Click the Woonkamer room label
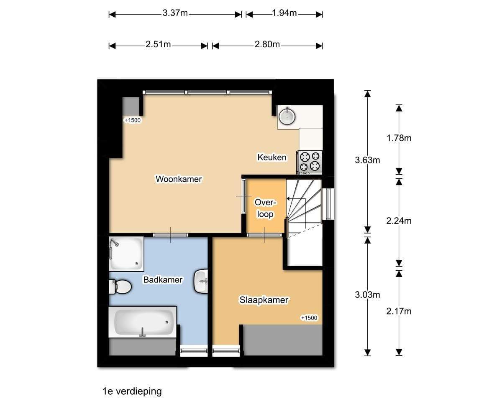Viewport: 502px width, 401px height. [x=179, y=179]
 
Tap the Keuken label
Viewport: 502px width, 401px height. [x=272, y=157]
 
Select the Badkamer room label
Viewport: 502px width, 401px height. [x=163, y=279]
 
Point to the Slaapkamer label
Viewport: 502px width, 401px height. [x=264, y=300]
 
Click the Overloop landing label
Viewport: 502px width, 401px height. [x=265, y=208]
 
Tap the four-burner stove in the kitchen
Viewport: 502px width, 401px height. [x=310, y=162]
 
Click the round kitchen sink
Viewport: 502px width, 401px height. [x=287, y=116]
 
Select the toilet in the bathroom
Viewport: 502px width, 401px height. [x=120, y=287]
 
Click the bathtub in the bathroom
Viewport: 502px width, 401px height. [x=143, y=322]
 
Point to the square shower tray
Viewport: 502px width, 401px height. [x=126, y=254]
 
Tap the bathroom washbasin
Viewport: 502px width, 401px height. [x=201, y=282]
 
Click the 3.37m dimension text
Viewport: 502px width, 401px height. [x=175, y=13]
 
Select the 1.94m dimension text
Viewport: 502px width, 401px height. [x=284, y=13]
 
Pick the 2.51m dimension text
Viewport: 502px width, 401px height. [x=158, y=44]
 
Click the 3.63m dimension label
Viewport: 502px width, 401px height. [x=367, y=160]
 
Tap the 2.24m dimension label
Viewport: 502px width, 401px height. [x=399, y=221]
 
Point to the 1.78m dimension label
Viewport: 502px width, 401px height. [x=399, y=138]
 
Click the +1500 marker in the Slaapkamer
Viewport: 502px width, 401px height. [x=309, y=318]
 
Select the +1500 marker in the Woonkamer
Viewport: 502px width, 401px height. [x=133, y=120]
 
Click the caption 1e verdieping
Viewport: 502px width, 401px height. [x=132, y=391]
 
